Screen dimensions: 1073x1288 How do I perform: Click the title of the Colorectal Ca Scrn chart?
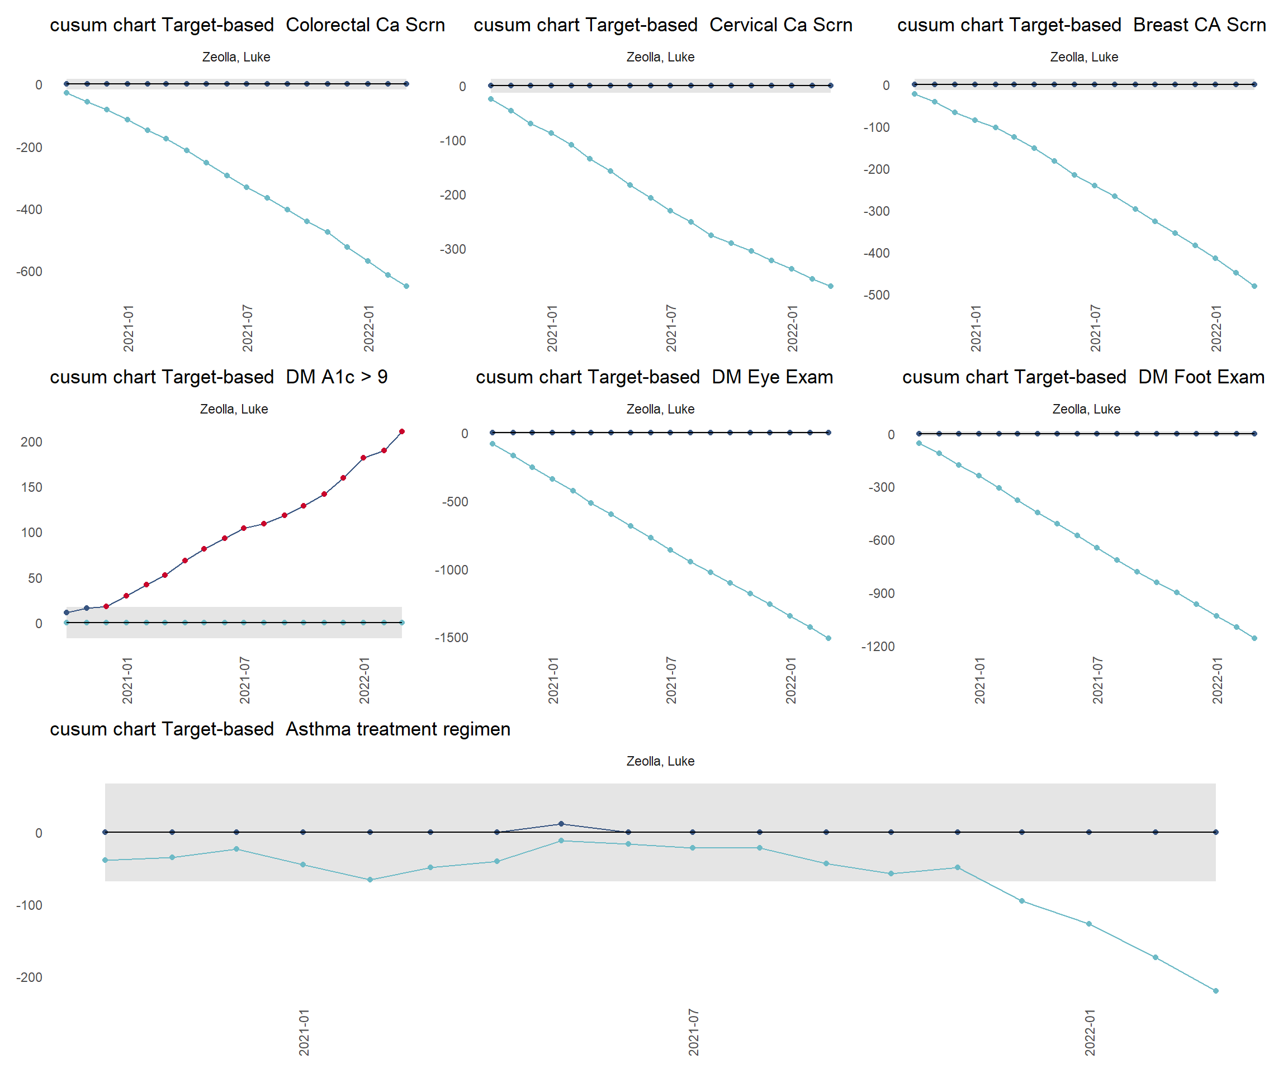pos(247,25)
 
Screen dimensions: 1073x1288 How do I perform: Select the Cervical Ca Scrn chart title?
pos(662,25)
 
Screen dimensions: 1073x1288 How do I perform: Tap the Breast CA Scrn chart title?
pos(1081,25)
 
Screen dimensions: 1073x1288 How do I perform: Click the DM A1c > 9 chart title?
pos(219,377)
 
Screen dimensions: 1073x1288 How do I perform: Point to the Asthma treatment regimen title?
pos(280,729)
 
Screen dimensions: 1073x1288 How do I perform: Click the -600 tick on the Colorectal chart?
pos(30,272)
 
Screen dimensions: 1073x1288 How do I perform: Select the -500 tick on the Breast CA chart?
pos(877,295)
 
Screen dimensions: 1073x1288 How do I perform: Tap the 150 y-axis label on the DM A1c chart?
pos(31,487)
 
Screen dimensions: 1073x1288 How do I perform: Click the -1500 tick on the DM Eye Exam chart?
pos(451,638)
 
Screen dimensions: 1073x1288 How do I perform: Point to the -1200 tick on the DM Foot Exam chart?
pos(878,647)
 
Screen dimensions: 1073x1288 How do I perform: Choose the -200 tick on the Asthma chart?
pos(30,977)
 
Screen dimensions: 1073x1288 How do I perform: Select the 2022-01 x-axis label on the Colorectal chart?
pos(368,328)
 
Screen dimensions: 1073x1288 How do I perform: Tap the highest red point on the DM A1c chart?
pos(402,431)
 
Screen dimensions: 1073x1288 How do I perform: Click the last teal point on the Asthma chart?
pos(1216,991)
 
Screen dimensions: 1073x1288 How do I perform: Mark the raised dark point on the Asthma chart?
pos(561,824)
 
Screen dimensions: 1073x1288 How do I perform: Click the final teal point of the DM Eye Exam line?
pos(828,638)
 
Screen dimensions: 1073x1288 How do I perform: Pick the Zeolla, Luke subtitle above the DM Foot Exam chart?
pos(1086,409)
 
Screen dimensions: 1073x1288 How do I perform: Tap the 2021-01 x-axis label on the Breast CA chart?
pos(976,328)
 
